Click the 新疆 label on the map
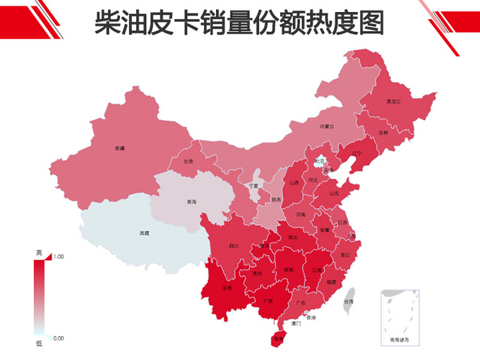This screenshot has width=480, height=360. [x=119, y=148]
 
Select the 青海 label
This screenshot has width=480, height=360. [x=191, y=202]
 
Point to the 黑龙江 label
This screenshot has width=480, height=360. [x=393, y=102]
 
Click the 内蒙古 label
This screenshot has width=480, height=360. [x=327, y=126]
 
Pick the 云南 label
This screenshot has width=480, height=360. [x=227, y=288]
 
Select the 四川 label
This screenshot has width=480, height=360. [x=234, y=246]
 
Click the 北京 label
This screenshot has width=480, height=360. [x=320, y=161]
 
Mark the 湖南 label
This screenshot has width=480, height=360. [x=288, y=270]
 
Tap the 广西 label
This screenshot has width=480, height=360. [x=268, y=301]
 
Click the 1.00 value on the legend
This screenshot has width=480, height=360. [x=59, y=258]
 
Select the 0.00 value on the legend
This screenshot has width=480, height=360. [x=58, y=338]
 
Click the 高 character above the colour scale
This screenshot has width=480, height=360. [x=39, y=252]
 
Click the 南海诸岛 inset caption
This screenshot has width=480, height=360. [x=399, y=340]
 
